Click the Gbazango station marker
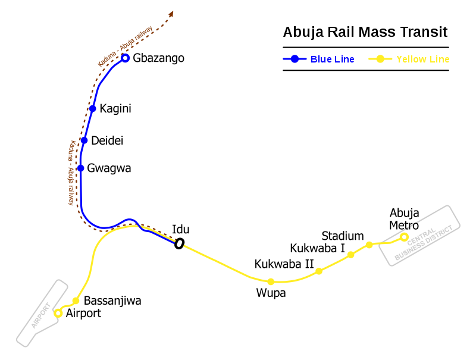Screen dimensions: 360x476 coord(125,58)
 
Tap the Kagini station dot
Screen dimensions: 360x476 coord(92,108)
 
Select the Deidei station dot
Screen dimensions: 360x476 coord(84,140)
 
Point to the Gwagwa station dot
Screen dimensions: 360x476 coord(81,168)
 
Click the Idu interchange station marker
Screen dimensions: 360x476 coord(179,243)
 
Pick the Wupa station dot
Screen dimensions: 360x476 coord(271,281)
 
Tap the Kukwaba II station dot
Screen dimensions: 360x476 coord(319,271)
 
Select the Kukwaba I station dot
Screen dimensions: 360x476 coord(350,255)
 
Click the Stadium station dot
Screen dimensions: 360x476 coord(369,245)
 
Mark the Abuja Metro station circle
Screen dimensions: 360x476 coord(404,237)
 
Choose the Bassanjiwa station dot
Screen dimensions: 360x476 coord(76,300)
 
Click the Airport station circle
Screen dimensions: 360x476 coord(58,313)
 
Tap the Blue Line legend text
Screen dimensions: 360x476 coord(332,59)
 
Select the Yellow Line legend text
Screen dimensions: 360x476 coord(422,59)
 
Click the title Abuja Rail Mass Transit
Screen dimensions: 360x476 coord(365,32)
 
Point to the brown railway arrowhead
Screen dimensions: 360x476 coord(171,14)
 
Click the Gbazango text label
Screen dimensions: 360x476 coord(159,58)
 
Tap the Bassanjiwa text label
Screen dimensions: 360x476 coord(112,300)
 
